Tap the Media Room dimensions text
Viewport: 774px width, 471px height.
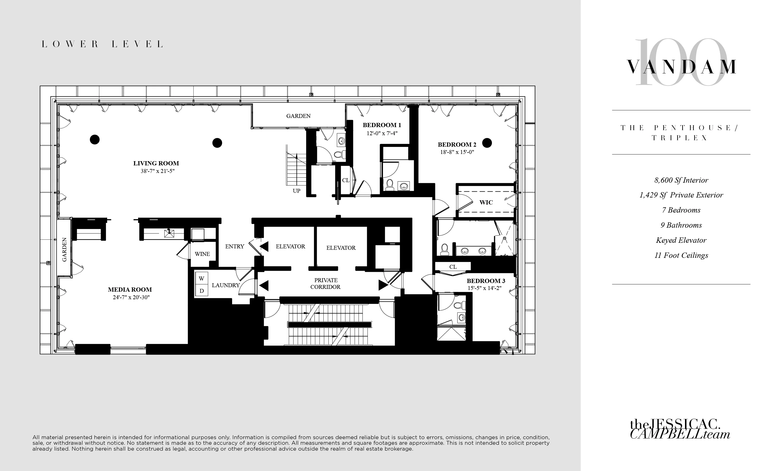coord(131,298)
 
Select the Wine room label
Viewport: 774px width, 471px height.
coord(202,254)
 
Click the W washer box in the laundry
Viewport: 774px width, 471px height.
coord(201,279)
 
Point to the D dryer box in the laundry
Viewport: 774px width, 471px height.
coord(201,291)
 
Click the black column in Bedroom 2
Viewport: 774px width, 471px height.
coord(487,143)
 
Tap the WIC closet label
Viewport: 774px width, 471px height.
coord(486,203)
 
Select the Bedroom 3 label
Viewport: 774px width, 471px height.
coord(486,281)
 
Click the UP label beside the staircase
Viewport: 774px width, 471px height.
coord(296,191)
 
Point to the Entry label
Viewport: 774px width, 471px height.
coord(234,246)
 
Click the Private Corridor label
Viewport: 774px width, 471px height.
coord(325,284)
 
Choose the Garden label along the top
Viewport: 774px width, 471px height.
coord(298,116)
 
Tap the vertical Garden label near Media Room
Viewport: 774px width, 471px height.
coord(65,250)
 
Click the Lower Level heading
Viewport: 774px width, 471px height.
coord(102,44)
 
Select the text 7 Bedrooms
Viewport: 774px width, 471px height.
coord(681,210)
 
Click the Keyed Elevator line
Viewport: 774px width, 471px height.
coord(681,240)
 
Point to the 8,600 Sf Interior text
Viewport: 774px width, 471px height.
coord(681,180)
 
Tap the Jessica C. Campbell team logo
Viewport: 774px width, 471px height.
coord(679,429)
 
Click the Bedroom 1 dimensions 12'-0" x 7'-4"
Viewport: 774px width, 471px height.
coord(382,133)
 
